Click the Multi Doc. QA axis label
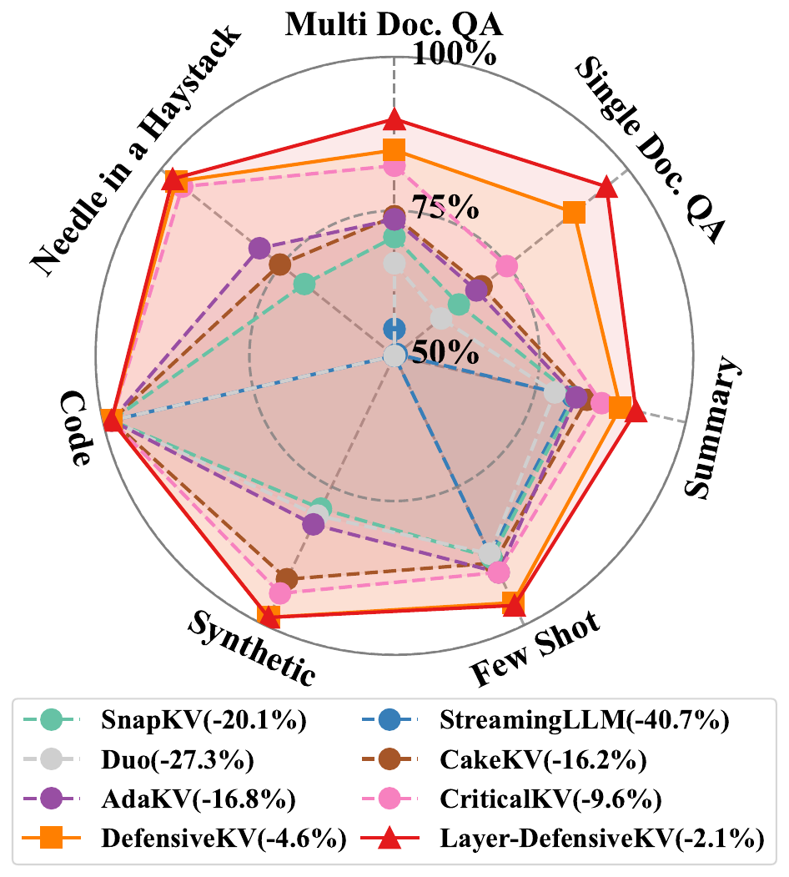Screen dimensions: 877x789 coord(394,24)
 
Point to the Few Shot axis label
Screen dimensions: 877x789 coord(535,650)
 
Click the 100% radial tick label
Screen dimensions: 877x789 coord(455,56)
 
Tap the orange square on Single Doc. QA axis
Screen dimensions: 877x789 coord(573,213)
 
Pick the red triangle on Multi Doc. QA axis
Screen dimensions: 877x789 coord(394,121)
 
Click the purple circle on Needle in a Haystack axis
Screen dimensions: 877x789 coord(259,248)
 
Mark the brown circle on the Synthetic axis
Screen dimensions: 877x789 coord(286,578)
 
